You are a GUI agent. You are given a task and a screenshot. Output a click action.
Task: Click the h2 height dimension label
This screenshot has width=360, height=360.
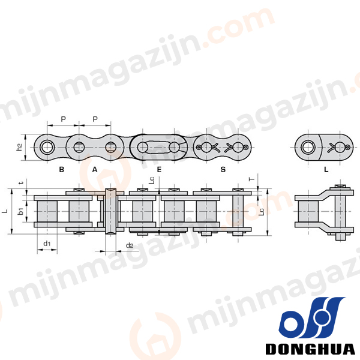click(x=19, y=147)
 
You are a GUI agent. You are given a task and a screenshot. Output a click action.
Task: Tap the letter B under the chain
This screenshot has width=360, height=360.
click(x=62, y=169)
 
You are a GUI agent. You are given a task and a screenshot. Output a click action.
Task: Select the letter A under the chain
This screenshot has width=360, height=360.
click(x=95, y=169)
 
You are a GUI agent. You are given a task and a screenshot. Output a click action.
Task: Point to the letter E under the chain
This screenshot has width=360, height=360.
click(x=159, y=169)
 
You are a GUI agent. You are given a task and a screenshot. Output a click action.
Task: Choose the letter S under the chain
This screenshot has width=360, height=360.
click(x=223, y=169)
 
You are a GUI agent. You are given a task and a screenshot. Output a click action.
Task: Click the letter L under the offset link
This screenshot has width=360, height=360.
click(x=326, y=169)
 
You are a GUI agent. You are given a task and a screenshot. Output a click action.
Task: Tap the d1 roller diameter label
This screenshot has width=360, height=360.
click(x=47, y=244)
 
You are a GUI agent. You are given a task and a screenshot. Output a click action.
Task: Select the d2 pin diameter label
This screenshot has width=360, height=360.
click(x=130, y=245)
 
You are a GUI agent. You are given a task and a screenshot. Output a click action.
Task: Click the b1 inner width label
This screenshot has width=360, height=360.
click(x=20, y=211)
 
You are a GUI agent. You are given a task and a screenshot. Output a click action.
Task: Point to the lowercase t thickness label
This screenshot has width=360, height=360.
click(x=21, y=183)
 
